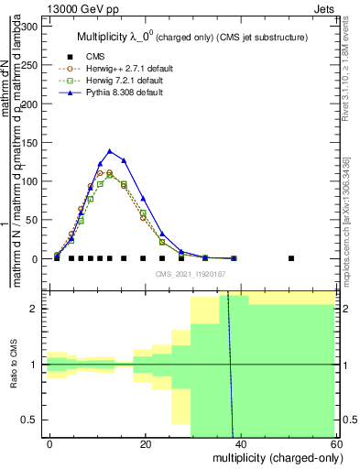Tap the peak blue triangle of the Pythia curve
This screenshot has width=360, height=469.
tap(110, 151)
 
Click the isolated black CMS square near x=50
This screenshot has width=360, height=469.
tap(291, 258)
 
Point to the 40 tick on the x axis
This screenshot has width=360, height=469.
tap(241, 442)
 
